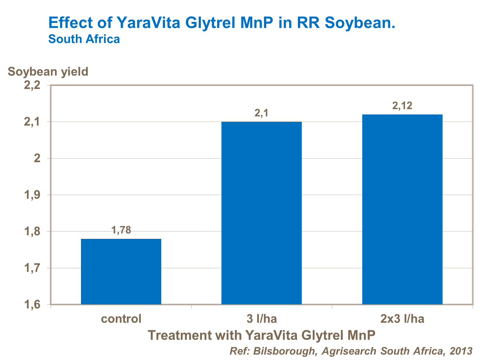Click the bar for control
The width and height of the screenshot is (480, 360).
121,271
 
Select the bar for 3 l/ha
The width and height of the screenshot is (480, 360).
261,213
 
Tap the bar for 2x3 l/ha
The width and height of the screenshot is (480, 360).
402,209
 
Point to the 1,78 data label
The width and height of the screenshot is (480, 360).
121,230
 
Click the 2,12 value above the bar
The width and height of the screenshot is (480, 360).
402,106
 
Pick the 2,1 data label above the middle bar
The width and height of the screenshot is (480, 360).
261,113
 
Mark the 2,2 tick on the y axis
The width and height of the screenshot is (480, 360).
32,85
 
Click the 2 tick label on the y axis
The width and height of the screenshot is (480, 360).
37,158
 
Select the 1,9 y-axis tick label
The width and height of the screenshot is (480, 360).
32,195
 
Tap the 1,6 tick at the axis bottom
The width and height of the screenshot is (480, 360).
32,305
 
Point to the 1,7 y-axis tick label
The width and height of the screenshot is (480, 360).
32,268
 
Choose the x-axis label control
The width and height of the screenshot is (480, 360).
121,319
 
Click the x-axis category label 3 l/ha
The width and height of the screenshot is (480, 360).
261,319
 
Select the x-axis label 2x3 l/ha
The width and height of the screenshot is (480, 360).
402,319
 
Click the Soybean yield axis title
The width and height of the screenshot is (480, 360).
48,71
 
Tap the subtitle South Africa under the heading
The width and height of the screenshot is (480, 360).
84,39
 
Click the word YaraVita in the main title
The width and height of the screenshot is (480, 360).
148,23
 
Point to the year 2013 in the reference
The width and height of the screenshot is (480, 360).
461,351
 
